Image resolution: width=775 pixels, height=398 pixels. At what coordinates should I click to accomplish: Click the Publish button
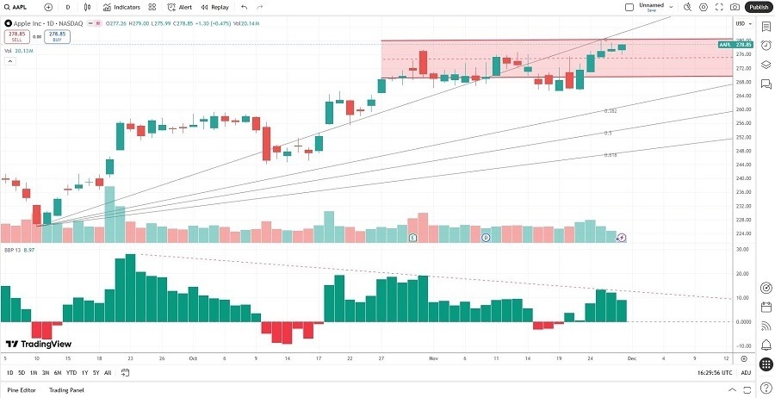(x=758, y=7)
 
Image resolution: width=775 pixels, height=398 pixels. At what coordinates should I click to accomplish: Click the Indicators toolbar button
(x=121, y=7)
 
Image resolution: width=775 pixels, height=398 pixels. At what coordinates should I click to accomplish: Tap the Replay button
(x=215, y=7)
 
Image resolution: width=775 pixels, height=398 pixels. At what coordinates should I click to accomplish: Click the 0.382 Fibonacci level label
(x=610, y=111)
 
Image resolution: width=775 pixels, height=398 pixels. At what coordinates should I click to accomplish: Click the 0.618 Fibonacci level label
(x=610, y=155)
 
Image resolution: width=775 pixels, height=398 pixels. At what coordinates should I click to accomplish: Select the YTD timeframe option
(x=71, y=372)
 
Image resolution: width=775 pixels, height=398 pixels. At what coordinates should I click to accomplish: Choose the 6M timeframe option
(x=58, y=372)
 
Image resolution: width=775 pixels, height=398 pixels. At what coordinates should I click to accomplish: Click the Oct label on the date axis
(x=192, y=358)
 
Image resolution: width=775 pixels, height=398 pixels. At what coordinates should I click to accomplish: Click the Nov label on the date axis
(x=433, y=358)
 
